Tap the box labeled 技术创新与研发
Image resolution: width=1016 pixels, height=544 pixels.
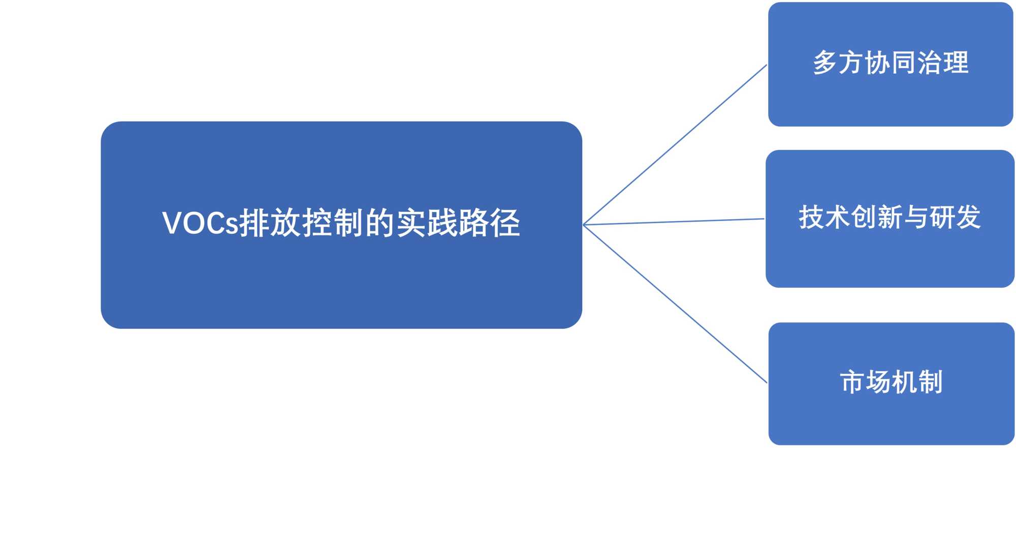[x=890, y=254]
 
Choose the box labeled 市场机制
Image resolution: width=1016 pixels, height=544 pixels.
[x=892, y=417]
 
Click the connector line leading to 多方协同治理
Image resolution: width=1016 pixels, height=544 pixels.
[x=676, y=144]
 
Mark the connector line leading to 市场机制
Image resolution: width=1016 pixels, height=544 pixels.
[x=676, y=304]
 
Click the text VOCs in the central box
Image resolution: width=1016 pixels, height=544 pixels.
[x=200, y=223]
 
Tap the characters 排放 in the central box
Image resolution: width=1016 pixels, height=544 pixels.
[x=270, y=223]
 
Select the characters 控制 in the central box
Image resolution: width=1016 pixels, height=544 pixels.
[x=333, y=223]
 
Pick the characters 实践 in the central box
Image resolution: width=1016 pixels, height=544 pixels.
[x=427, y=223]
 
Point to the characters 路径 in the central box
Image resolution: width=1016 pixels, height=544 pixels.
[x=490, y=223]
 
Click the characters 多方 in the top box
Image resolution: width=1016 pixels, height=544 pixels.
[x=839, y=63]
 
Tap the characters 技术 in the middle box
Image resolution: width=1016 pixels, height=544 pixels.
[x=824, y=218]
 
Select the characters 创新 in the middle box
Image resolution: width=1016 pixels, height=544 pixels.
[x=877, y=218]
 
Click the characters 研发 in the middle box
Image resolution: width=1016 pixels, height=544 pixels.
[x=955, y=218]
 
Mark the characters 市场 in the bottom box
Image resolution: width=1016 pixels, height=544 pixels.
[x=866, y=382]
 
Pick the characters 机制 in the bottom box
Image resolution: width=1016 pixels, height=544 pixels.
[x=917, y=382]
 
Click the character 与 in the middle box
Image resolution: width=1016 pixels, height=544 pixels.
[x=916, y=218]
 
